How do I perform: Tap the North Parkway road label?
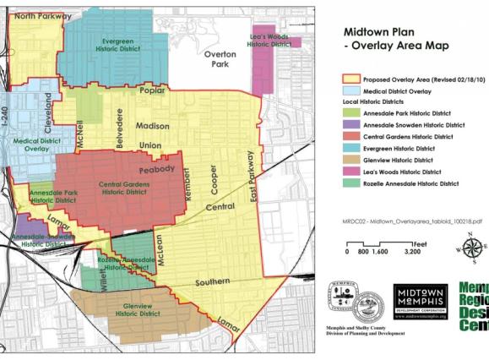click(x=35, y=16)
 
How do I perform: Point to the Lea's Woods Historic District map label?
click(x=269, y=40)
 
